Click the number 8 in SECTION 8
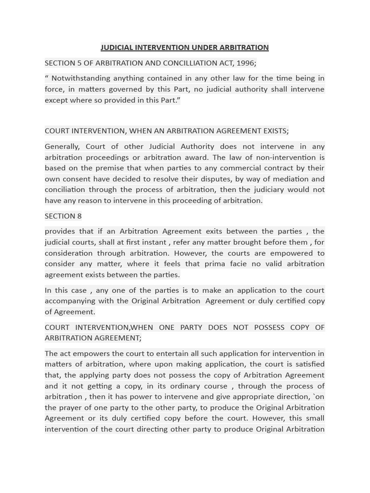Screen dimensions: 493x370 point(79,216)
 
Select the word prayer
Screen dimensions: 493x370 point(72,407)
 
